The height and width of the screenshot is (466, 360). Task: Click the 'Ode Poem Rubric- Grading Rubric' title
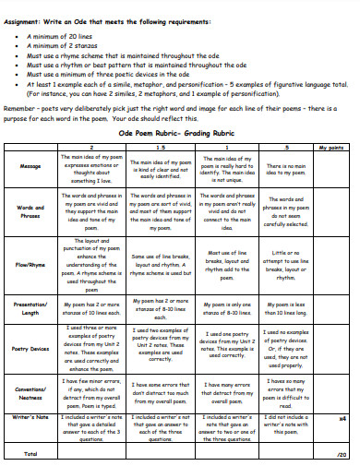(180, 133)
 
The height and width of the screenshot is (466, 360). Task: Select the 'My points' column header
(329, 148)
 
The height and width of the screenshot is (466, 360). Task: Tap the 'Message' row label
(30, 166)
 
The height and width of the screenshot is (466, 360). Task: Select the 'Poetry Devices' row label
(30, 349)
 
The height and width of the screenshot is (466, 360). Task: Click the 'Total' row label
(30, 454)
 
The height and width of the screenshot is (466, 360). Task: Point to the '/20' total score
(341, 454)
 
